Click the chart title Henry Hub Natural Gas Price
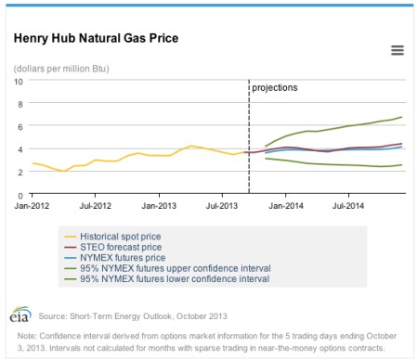click(x=96, y=39)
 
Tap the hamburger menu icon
click(x=397, y=50)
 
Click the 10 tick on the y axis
click(x=19, y=81)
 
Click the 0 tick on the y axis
click(x=20, y=195)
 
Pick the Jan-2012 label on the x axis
click(x=33, y=205)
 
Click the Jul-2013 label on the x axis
click(x=220, y=205)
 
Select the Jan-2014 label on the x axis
click(x=285, y=205)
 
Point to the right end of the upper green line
click(x=401, y=117)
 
